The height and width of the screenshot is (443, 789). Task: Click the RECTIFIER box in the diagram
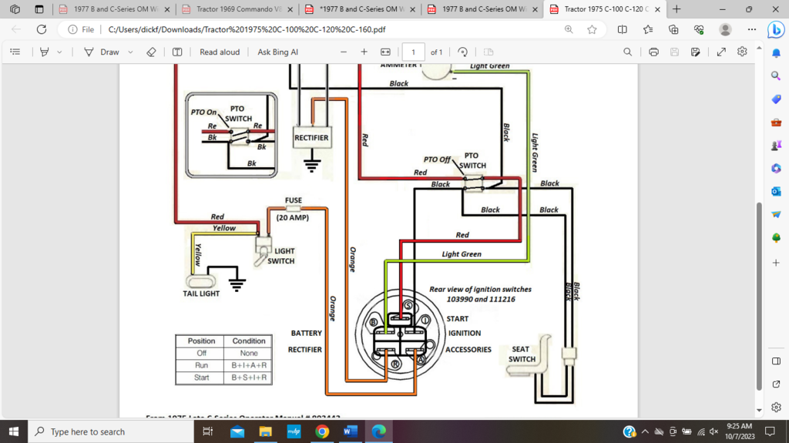[311, 138]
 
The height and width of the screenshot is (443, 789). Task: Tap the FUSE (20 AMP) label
[293, 209]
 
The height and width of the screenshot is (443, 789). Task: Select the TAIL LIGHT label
[201, 294]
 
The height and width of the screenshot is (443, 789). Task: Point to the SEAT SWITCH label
[522, 354]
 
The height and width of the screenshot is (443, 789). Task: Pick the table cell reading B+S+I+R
[249, 378]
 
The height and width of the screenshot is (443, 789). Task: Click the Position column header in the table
[201, 341]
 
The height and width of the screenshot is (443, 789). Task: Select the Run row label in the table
[201, 365]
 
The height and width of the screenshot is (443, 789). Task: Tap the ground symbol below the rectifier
[311, 164]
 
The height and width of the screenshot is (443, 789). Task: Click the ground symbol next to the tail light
[237, 284]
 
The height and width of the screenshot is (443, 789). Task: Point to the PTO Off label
[437, 159]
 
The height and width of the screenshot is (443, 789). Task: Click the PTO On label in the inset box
[204, 112]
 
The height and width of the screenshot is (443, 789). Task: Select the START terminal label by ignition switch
[457, 318]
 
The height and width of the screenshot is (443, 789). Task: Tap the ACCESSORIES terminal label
[468, 349]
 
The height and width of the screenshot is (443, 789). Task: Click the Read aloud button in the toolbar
[220, 52]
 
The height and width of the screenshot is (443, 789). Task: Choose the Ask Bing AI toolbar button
[277, 52]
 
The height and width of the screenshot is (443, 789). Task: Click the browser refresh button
[42, 29]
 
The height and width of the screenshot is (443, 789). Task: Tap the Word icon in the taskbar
[350, 431]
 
